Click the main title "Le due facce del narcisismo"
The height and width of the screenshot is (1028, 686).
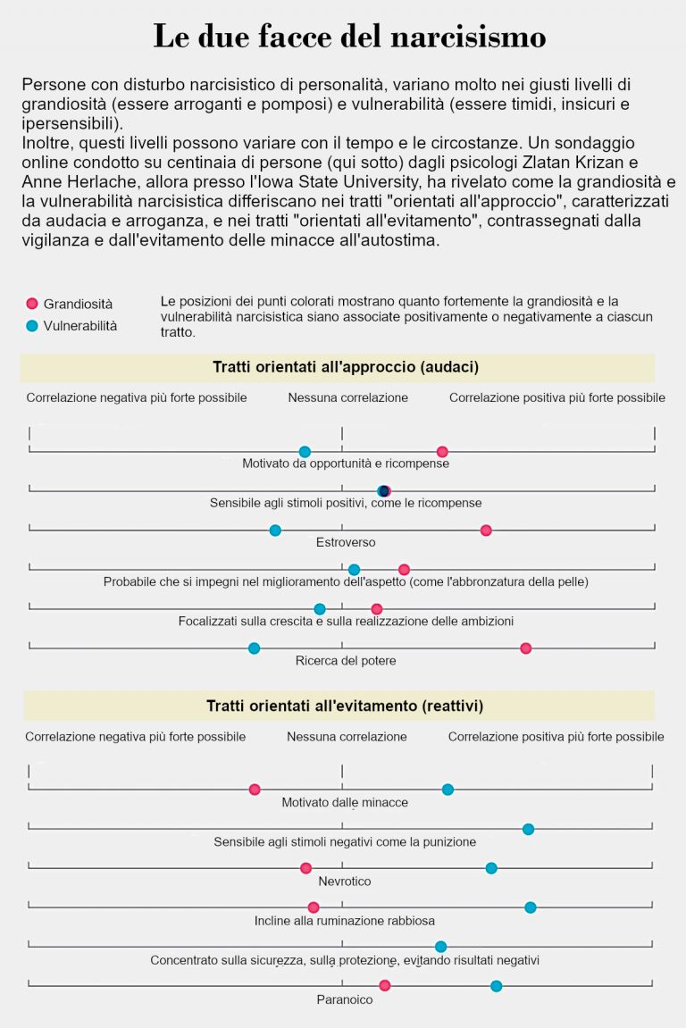[349, 37]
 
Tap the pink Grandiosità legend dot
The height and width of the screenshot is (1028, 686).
[32, 304]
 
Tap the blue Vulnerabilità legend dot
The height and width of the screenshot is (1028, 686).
[32, 325]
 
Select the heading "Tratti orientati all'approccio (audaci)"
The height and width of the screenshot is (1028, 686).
[345, 367]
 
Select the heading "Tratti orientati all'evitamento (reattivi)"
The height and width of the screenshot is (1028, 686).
[345, 706]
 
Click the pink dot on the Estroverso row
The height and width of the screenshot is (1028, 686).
[486, 531]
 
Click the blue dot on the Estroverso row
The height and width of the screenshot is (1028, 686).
[275, 531]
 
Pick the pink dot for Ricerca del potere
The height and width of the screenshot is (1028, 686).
[526, 648]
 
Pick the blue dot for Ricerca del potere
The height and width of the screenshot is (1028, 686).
[254, 648]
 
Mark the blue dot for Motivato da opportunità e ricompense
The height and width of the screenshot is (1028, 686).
[305, 452]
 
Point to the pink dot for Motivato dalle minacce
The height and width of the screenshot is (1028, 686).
[255, 790]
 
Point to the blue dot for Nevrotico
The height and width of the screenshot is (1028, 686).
[491, 868]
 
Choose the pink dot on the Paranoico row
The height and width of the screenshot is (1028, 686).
[385, 986]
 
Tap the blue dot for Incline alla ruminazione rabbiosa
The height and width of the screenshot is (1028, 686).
[531, 907]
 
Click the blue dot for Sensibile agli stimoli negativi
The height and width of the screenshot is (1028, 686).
[528, 830]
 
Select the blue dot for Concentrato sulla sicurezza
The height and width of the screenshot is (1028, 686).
[440, 947]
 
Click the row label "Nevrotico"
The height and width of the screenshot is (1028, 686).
[345, 882]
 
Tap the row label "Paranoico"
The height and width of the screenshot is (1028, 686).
[345, 999]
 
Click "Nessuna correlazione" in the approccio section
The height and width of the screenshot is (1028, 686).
[347, 397]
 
